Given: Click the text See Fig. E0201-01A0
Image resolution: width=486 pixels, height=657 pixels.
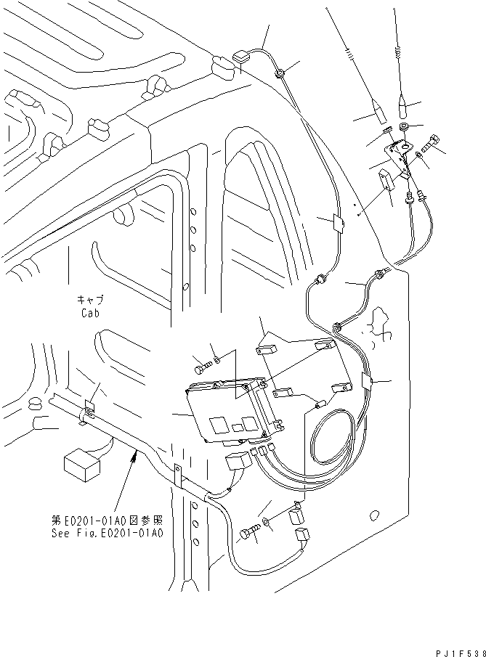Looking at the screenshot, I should (108, 531).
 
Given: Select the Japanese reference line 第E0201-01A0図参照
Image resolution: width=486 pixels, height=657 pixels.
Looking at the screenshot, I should (108, 520).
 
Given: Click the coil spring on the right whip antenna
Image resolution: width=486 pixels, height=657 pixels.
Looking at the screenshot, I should (397, 52).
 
